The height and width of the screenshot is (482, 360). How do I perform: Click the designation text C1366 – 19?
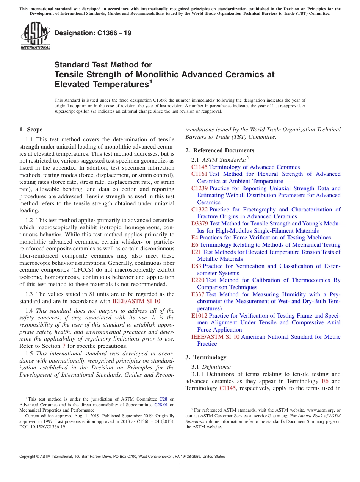[x=93, y=33]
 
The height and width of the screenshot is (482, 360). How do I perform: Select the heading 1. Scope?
[x=31, y=130]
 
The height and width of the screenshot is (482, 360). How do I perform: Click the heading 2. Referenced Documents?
[x=220, y=150]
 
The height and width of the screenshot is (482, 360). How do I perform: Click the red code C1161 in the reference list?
[x=199, y=174]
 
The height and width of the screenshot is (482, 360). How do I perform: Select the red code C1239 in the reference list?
[x=199, y=188]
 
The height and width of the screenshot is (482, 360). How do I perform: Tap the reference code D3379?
[x=200, y=224]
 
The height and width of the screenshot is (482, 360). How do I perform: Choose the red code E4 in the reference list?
[x=195, y=238]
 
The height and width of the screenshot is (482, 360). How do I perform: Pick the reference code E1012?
[x=199, y=316]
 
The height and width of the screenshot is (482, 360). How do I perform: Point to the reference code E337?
[x=198, y=294]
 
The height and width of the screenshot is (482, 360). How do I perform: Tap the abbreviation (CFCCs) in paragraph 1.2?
[x=87, y=270]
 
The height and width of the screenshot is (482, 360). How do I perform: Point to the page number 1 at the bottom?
[x=180, y=466]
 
